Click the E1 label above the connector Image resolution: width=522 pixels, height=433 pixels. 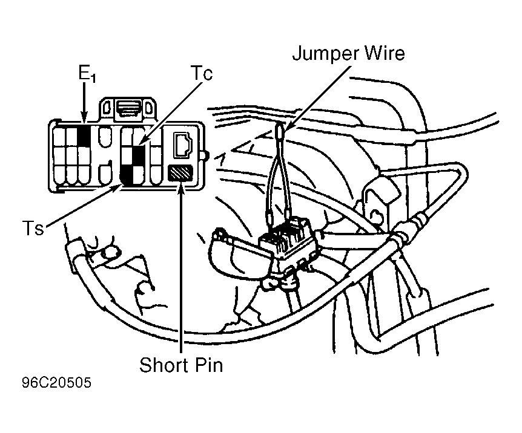click(87, 73)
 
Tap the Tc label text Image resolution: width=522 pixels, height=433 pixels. click(202, 73)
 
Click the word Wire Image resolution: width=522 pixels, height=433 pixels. click(385, 53)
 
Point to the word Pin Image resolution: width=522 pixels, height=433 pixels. click(209, 365)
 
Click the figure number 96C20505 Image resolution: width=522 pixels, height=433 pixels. click(56, 382)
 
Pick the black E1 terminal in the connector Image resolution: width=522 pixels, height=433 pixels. click(84, 135)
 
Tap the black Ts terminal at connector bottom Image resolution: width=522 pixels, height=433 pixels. click(127, 175)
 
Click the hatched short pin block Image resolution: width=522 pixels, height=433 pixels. click(180, 174)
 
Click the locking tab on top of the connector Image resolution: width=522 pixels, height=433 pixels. click(128, 109)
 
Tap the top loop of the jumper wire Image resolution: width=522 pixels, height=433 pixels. click(280, 131)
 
